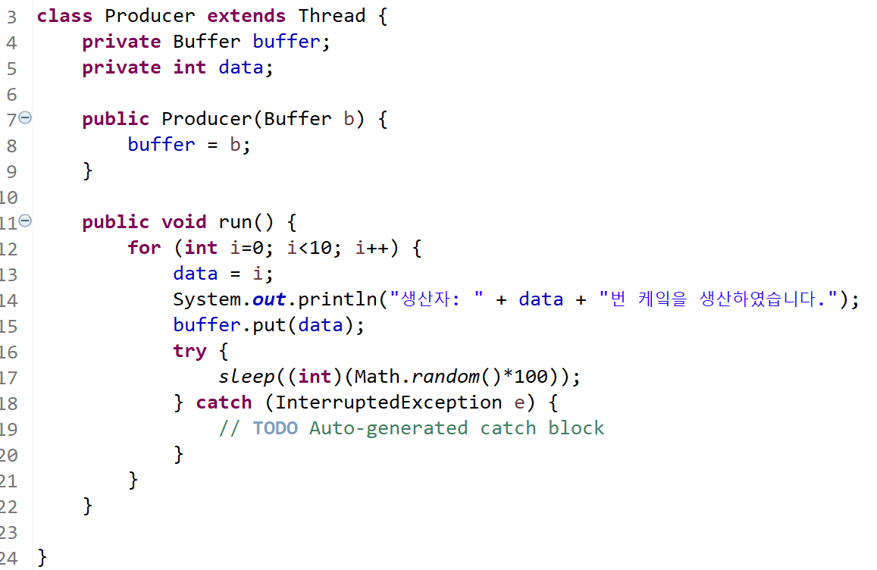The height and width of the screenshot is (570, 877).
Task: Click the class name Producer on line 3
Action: (149, 16)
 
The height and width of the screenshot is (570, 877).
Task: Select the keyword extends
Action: (246, 16)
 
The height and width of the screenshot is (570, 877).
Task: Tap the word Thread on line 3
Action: (332, 16)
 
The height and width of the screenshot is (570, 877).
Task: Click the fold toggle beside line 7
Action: (25, 118)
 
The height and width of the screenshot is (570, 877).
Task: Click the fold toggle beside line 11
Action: (25, 221)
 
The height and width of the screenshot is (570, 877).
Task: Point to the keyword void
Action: (183, 222)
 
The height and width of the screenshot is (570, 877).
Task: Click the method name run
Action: (235, 222)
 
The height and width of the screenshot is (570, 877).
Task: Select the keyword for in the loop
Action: (144, 248)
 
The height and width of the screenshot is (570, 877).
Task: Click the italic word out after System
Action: (269, 299)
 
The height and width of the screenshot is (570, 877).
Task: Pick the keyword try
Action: (189, 351)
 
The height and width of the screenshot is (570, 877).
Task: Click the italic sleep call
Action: (246, 377)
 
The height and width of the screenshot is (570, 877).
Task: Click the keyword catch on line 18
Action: (224, 402)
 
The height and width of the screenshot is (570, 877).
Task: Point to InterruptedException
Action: (389, 402)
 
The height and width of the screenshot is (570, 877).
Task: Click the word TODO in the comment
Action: (275, 428)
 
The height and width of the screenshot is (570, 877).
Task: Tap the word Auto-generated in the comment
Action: (389, 428)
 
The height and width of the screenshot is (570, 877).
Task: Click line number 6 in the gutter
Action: (11, 94)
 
